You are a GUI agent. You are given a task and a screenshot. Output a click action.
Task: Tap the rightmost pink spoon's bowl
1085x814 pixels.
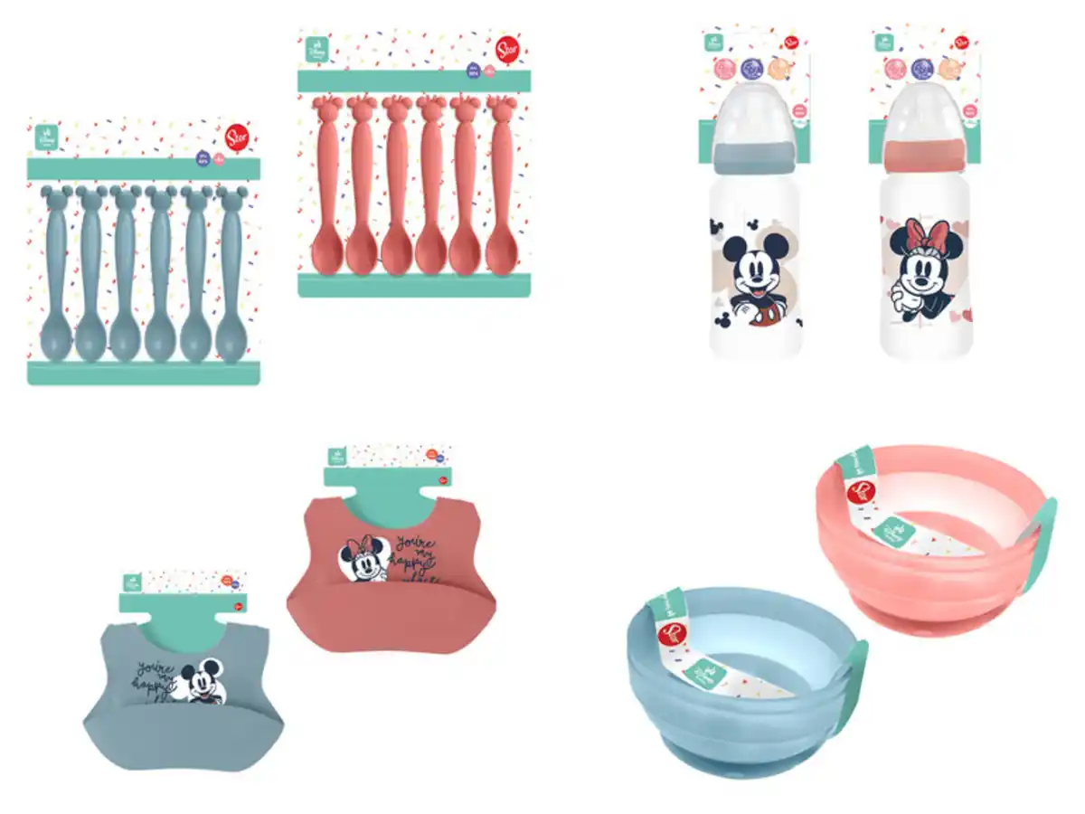499,255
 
